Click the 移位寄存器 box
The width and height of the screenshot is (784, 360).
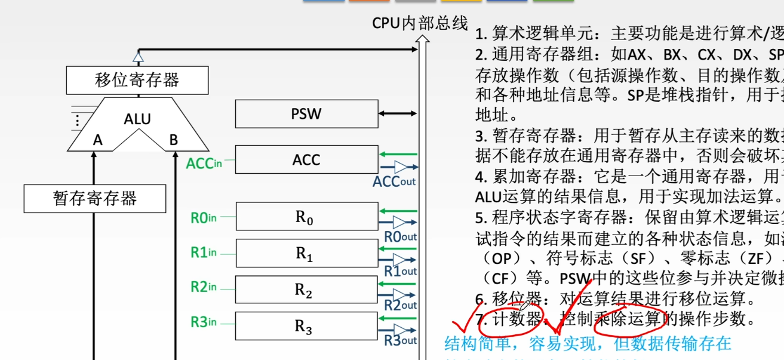137,80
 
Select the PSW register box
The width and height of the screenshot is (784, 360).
306,113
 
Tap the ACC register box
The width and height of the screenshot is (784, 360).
306,160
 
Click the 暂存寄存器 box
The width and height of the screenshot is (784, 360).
95,198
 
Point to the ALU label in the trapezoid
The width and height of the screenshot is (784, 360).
137,118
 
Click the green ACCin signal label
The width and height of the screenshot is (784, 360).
204,162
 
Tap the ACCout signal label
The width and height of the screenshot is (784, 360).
393,181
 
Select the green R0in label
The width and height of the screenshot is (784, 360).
203,218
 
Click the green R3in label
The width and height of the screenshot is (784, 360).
203,322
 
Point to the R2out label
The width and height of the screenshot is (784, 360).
400,306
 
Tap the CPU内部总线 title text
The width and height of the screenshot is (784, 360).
420,23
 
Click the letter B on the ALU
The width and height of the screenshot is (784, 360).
174,140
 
